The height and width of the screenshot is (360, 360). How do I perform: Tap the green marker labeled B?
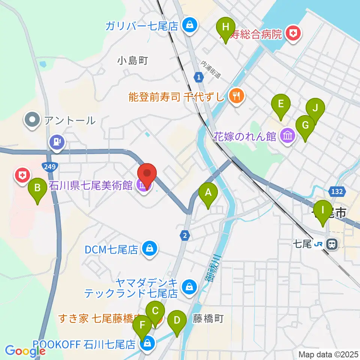coord(37,187)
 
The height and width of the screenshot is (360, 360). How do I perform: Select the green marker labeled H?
coord(225,27)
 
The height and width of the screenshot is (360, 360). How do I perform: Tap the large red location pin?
coord(147,174)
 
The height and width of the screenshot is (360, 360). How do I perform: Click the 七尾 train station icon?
coord(331,244)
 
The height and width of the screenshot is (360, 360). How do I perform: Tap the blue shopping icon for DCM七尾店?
coord(150,249)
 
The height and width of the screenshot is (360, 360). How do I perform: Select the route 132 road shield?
coord(336,192)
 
